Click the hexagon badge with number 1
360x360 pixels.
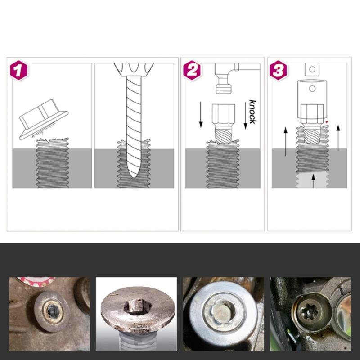click(x=18, y=70)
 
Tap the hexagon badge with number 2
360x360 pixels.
click(x=192, y=70)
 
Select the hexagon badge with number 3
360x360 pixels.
click(x=279, y=70)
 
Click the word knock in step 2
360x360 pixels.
click(x=252, y=112)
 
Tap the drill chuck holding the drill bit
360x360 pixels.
click(x=134, y=68)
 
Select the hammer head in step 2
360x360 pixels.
click(x=224, y=85)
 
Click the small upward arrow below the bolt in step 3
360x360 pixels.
click(x=313, y=181)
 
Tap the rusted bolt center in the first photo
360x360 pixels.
click(x=53, y=310)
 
